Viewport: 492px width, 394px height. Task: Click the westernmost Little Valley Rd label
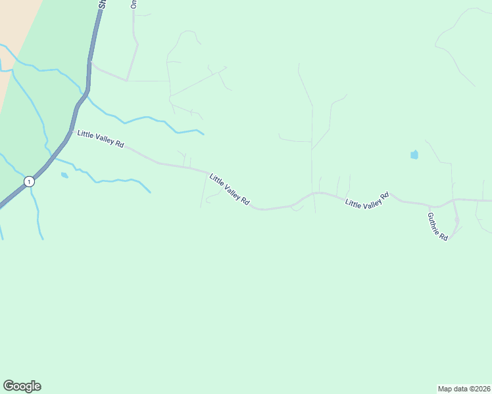pos(101,139)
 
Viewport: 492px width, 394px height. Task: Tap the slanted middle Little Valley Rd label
pos(229,189)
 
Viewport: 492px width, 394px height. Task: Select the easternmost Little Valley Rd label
pos(367,200)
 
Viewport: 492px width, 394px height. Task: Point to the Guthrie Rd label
pos(437,226)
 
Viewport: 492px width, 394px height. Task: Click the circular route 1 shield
pos(29,181)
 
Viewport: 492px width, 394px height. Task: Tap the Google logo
pos(22,386)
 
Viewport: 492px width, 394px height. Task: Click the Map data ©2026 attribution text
pos(464,388)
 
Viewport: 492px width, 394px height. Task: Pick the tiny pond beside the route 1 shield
pos(64,175)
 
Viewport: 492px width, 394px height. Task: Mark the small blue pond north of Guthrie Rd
pos(414,155)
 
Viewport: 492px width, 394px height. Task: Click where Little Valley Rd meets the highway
pos(71,131)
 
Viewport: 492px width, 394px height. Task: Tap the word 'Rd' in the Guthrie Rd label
pos(444,236)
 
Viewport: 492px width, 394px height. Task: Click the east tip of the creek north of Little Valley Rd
pos(203,135)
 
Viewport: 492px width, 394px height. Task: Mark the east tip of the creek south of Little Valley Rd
pos(150,192)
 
